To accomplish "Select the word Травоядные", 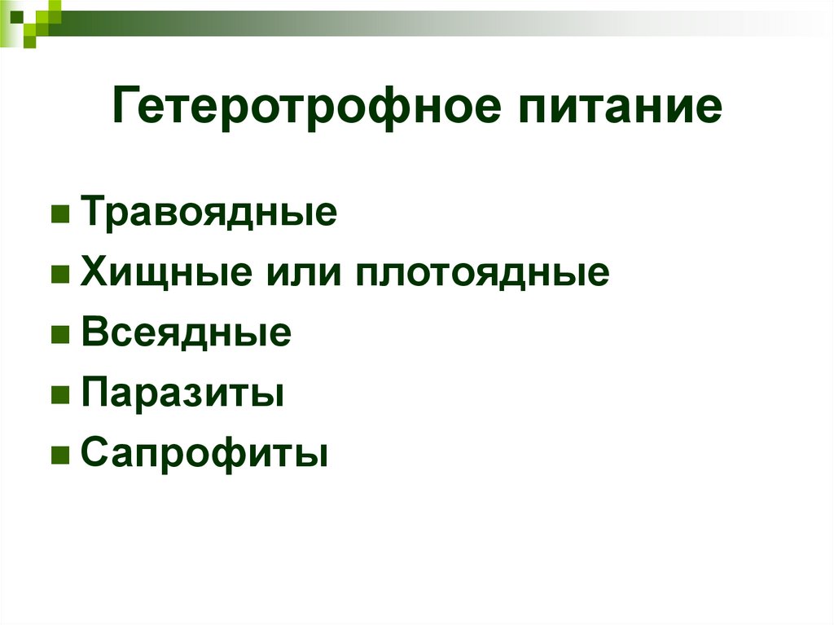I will click(x=208, y=214).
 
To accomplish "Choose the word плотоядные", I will click(x=481, y=273).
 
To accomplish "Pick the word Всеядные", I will click(x=186, y=333).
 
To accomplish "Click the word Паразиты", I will click(x=182, y=394).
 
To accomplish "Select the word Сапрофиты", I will click(x=204, y=454).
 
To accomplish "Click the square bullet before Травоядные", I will click(x=59, y=215).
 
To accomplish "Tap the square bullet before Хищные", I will click(x=59, y=275).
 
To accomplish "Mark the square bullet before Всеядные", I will click(x=59, y=335).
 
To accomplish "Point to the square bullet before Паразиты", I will click(x=59, y=395).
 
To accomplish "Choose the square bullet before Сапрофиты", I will click(x=59, y=455).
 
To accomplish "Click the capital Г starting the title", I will click(x=125, y=108).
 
